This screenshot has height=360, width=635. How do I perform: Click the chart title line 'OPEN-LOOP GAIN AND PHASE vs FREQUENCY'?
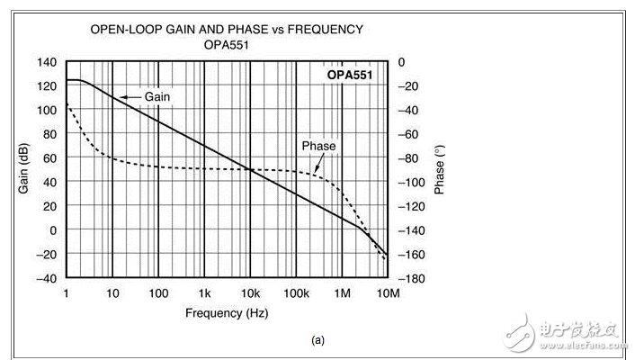coord(227,29)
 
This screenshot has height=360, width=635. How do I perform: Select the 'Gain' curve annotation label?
coord(157,97)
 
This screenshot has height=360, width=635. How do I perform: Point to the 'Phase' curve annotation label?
coord(318,146)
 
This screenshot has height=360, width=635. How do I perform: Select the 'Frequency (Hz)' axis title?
coord(227,313)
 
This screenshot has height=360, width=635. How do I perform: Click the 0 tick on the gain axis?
coord(54,229)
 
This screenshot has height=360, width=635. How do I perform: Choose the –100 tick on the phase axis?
coord(413,182)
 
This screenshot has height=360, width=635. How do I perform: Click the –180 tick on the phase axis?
coord(413,278)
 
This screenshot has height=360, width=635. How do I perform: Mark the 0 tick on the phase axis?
coord(402,62)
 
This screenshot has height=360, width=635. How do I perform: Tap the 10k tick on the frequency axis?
coord(250,294)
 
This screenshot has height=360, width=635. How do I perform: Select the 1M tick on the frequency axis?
coord(342,294)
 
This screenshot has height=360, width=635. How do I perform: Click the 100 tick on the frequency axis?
coord(158,294)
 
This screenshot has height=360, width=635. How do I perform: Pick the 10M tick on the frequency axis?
coord(388,294)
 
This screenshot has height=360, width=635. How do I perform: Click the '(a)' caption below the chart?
coord(317,340)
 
